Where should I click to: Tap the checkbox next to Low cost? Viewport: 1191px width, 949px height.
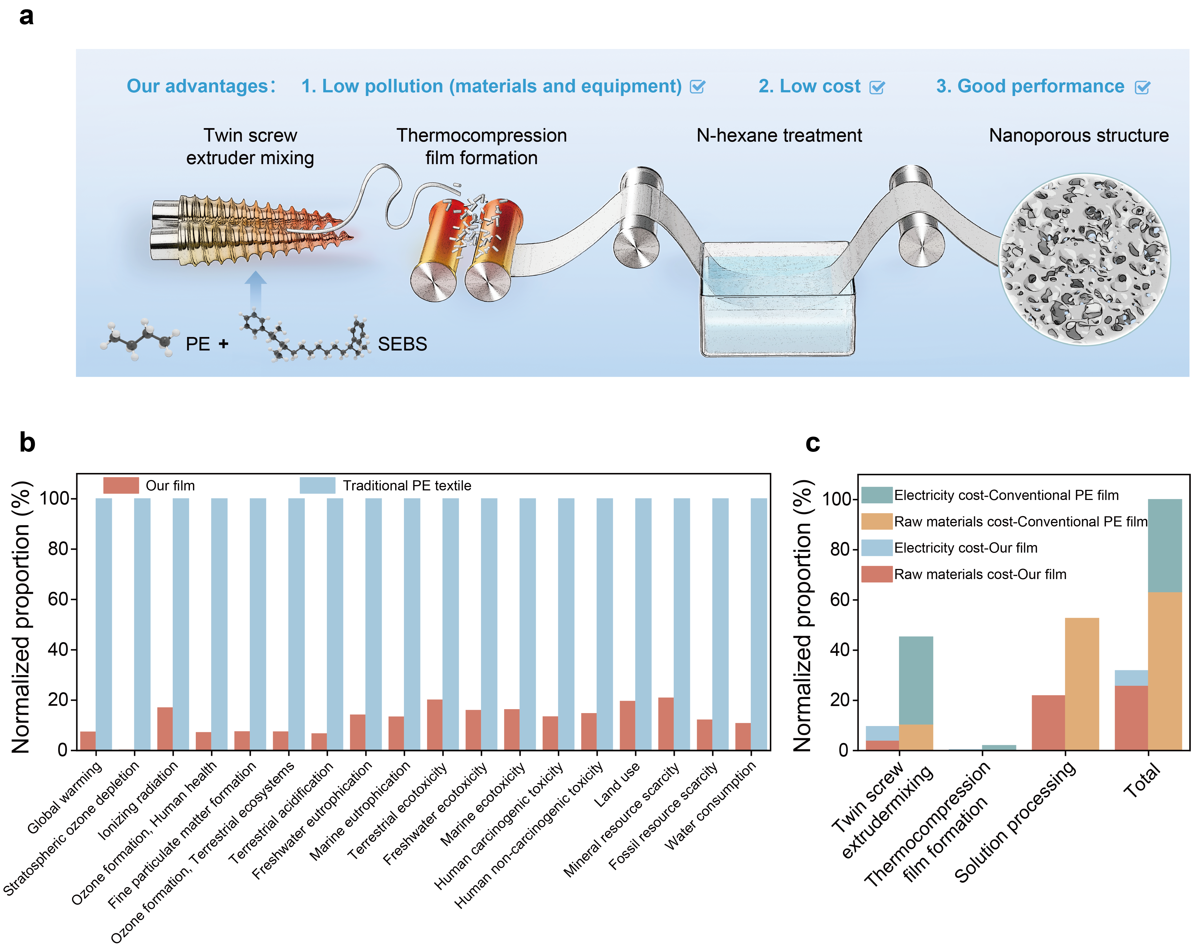(877, 87)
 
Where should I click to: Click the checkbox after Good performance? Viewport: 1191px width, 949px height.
(1142, 87)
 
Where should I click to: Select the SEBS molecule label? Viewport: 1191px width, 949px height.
(402, 344)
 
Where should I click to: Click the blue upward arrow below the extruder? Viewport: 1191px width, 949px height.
(255, 290)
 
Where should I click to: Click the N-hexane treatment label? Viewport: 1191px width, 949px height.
(779, 135)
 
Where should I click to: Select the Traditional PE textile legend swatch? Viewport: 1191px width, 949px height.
(317, 485)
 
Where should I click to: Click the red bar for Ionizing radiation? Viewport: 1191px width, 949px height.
(165, 729)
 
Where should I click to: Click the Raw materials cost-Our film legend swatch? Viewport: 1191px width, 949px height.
(877, 574)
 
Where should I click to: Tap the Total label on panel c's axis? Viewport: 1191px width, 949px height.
(1142, 780)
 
